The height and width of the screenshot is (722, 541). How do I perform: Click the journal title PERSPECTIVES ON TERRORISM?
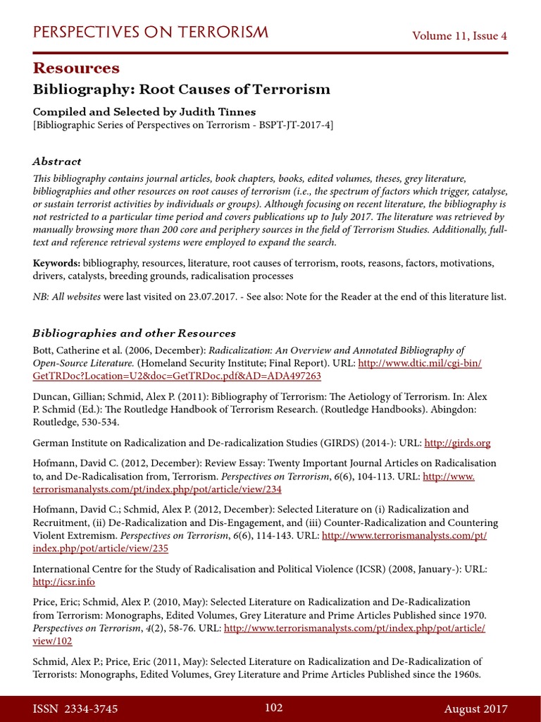(x=151, y=32)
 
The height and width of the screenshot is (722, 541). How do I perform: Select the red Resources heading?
(x=76, y=68)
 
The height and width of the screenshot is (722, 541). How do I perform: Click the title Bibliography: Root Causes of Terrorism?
(x=182, y=90)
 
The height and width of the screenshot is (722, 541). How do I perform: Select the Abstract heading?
(x=57, y=161)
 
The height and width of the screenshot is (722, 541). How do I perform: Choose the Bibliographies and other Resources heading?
(x=134, y=333)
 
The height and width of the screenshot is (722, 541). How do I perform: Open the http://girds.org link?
(x=458, y=443)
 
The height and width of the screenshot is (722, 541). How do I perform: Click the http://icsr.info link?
(x=63, y=582)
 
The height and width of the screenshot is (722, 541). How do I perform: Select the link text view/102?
(x=53, y=641)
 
